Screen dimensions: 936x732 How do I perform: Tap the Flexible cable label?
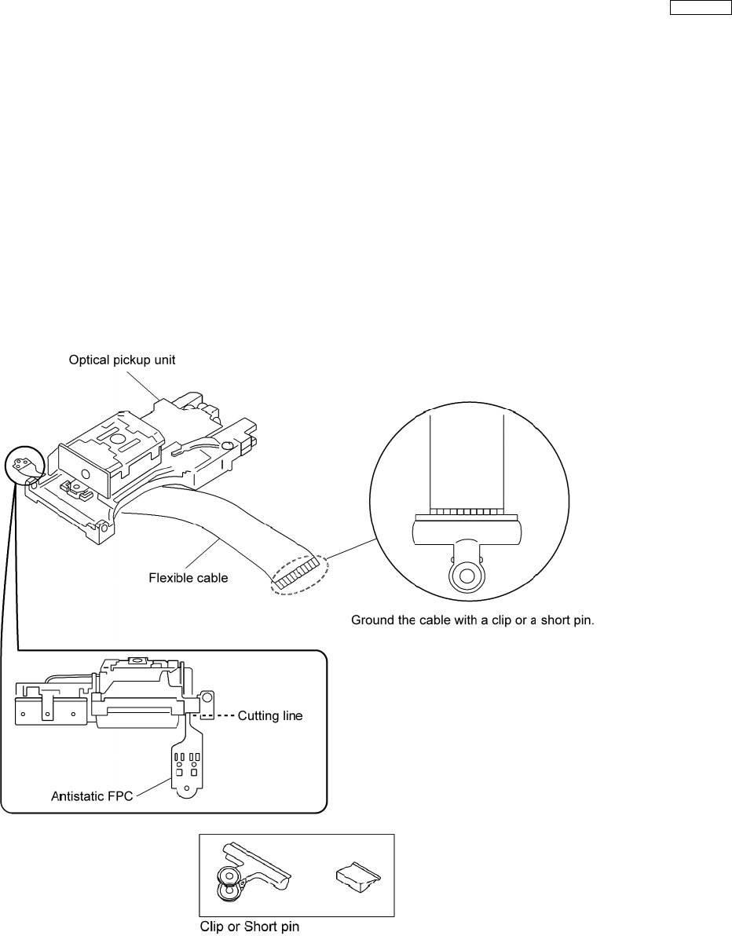tap(188, 579)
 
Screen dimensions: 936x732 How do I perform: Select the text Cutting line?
tap(270, 716)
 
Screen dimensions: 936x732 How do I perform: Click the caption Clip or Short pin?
tap(247, 926)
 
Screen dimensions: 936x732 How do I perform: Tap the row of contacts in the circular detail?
tap(467, 511)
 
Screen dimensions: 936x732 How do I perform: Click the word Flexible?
tap(170, 579)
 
